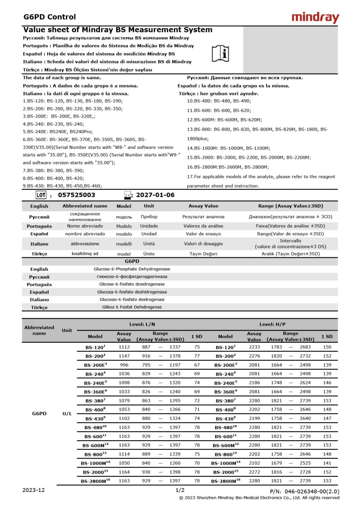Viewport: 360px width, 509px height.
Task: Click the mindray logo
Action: [x=315, y=17]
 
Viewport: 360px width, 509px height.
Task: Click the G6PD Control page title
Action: [x=49, y=17]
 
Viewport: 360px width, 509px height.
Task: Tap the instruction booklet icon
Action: [x=220, y=53]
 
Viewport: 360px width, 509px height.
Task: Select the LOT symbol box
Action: [x=41, y=195]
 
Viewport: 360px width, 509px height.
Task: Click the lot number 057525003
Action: [x=77, y=195]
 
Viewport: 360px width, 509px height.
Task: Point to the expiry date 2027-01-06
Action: [x=155, y=195]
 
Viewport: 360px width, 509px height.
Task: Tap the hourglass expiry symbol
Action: [x=127, y=195]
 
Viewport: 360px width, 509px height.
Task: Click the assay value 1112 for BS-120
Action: [x=124, y=347]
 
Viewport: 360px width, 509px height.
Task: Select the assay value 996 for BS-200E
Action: [x=124, y=365]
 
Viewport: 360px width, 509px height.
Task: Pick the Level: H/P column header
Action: [x=272, y=324]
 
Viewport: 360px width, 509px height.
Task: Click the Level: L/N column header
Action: [x=142, y=324]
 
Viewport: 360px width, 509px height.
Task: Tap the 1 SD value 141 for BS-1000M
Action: [x=327, y=463]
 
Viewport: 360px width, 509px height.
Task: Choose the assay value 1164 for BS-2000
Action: [x=124, y=472]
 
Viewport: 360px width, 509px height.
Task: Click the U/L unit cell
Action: [x=67, y=414]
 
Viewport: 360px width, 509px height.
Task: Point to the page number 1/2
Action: [x=180, y=490]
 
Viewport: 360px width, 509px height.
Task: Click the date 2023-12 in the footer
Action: [x=34, y=490]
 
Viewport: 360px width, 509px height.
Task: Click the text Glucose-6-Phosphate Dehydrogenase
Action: [x=132, y=269]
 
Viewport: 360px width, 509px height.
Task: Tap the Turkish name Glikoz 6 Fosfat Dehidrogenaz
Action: [x=132, y=307]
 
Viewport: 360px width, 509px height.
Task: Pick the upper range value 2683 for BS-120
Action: [x=305, y=347]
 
